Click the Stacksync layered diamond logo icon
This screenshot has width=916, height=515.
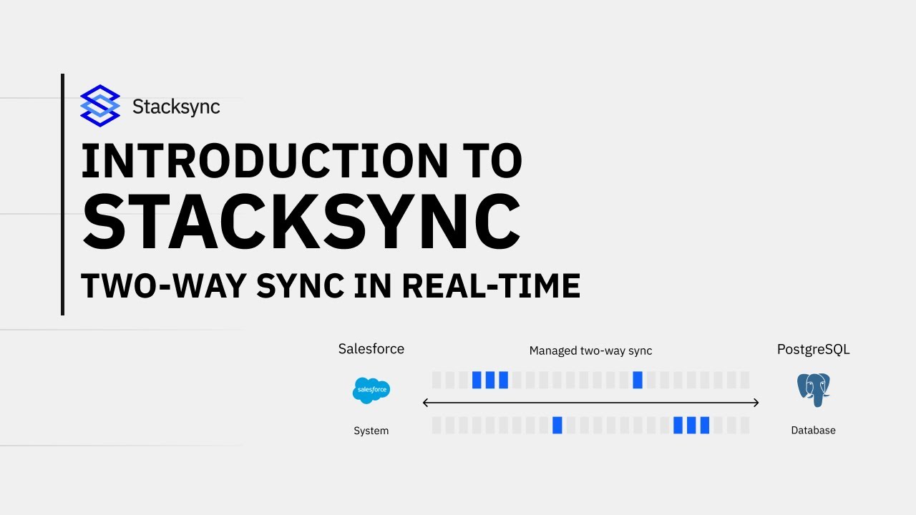[100, 106]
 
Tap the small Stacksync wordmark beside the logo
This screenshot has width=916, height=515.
[176, 107]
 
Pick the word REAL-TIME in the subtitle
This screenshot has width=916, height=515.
[490, 286]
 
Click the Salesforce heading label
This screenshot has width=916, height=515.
[371, 349]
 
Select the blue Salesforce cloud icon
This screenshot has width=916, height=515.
[371, 391]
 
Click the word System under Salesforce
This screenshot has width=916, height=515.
[371, 431]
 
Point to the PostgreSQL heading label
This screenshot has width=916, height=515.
[813, 349]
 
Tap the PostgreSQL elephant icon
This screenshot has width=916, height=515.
[813, 389]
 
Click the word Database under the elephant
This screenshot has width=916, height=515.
[813, 431]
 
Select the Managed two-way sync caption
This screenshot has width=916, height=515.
[590, 350]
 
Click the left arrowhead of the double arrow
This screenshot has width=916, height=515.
[426, 403]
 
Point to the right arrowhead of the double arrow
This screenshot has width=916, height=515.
[756, 403]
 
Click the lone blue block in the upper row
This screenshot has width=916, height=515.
[638, 380]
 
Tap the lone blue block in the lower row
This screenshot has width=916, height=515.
[557, 426]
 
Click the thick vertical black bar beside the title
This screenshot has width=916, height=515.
[63, 195]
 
